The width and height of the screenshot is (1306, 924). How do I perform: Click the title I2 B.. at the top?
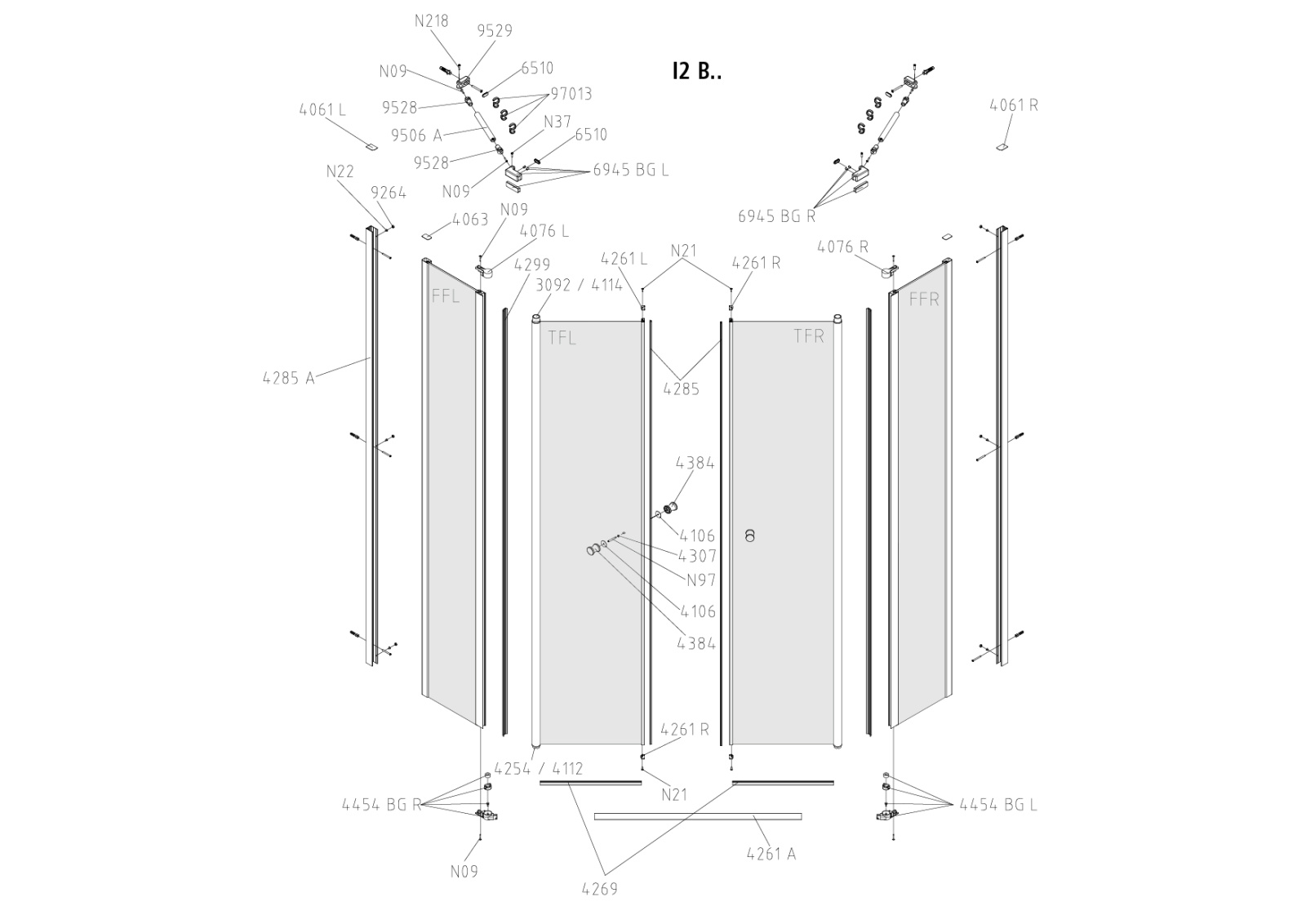point(696,71)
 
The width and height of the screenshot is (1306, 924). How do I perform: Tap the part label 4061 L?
point(322,109)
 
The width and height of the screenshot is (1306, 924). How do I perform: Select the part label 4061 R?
point(1014,105)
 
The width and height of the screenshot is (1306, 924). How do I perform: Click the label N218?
point(431,21)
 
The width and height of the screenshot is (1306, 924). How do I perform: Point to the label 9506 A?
point(416,135)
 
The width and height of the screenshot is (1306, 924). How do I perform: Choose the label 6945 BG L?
point(631,170)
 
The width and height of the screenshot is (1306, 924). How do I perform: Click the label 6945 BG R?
point(776,216)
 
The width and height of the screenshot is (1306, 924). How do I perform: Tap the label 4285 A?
point(288,378)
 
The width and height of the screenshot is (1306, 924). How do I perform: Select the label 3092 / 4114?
point(580,285)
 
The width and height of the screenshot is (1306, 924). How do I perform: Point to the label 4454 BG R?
point(381,805)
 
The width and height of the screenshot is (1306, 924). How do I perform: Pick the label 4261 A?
point(771,854)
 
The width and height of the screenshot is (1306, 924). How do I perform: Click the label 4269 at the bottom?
point(600,889)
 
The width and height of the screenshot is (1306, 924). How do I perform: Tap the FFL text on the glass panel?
point(446,296)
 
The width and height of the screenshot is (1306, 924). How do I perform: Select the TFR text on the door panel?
point(809,336)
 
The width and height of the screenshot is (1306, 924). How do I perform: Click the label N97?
point(700,580)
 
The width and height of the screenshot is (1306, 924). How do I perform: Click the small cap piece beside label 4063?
point(426,236)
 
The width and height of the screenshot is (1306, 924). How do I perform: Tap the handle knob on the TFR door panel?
point(750,535)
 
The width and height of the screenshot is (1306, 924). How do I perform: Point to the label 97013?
point(571,94)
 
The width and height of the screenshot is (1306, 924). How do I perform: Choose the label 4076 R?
point(843,247)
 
